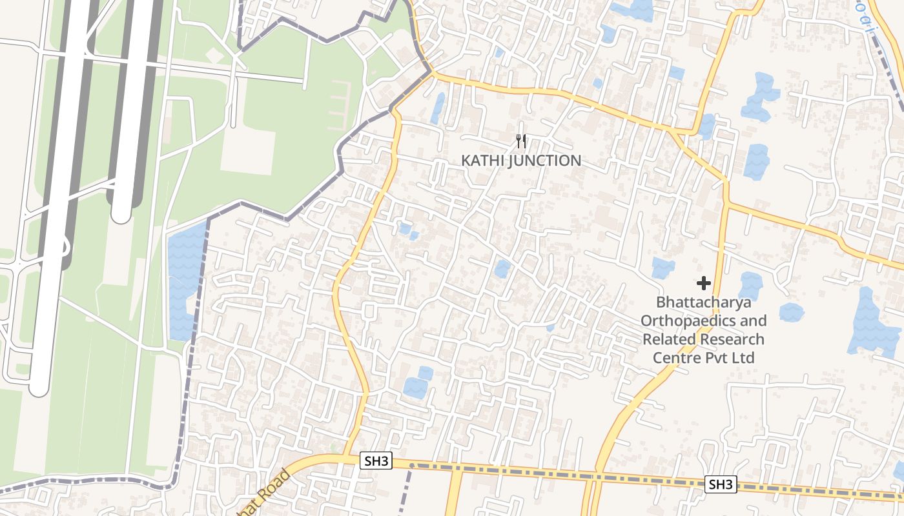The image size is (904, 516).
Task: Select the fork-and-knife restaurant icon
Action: click(x=521, y=141)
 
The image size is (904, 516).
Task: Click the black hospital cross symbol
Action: click(x=704, y=283)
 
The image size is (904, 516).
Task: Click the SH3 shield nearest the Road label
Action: click(x=376, y=461)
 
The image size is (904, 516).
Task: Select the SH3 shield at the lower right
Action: click(x=720, y=484)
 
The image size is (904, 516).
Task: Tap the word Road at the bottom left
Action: click(x=271, y=491)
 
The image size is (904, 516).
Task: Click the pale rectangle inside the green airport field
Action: click(x=248, y=152)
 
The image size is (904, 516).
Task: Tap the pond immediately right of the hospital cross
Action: click(x=750, y=286)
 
